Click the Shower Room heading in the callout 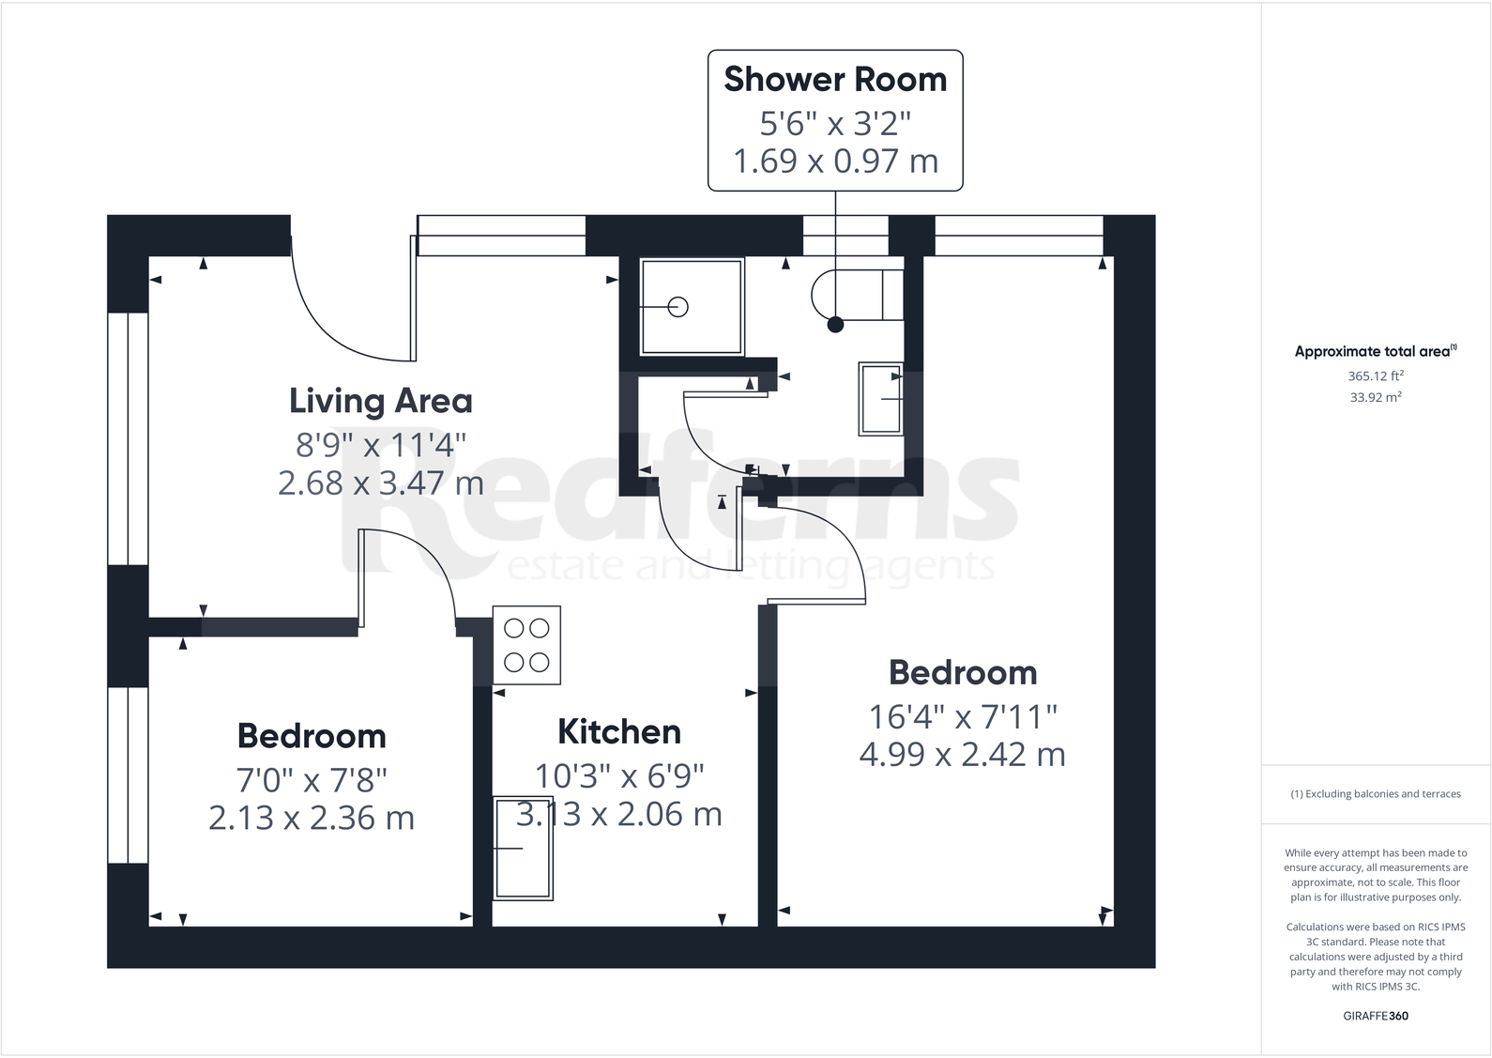(x=835, y=80)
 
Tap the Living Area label (x=380, y=401)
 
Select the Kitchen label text (x=619, y=731)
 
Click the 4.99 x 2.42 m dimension (x=962, y=755)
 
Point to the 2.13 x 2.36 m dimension (x=312, y=818)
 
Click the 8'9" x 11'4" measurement (x=381, y=443)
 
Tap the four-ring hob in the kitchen (x=526, y=645)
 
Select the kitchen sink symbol (x=524, y=848)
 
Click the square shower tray (x=692, y=307)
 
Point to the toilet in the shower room (x=856, y=294)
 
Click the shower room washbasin (x=881, y=399)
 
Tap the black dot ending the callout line (x=835, y=325)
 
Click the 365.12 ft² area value (x=1376, y=376)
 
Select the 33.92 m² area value (x=1376, y=397)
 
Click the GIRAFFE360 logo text (x=1376, y=1016)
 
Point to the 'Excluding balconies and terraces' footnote (x=1376, y=794)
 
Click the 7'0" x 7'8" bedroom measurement (x=312, y=779)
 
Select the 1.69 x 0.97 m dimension (x=835, y=161)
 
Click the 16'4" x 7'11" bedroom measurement (x=963, y=717)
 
